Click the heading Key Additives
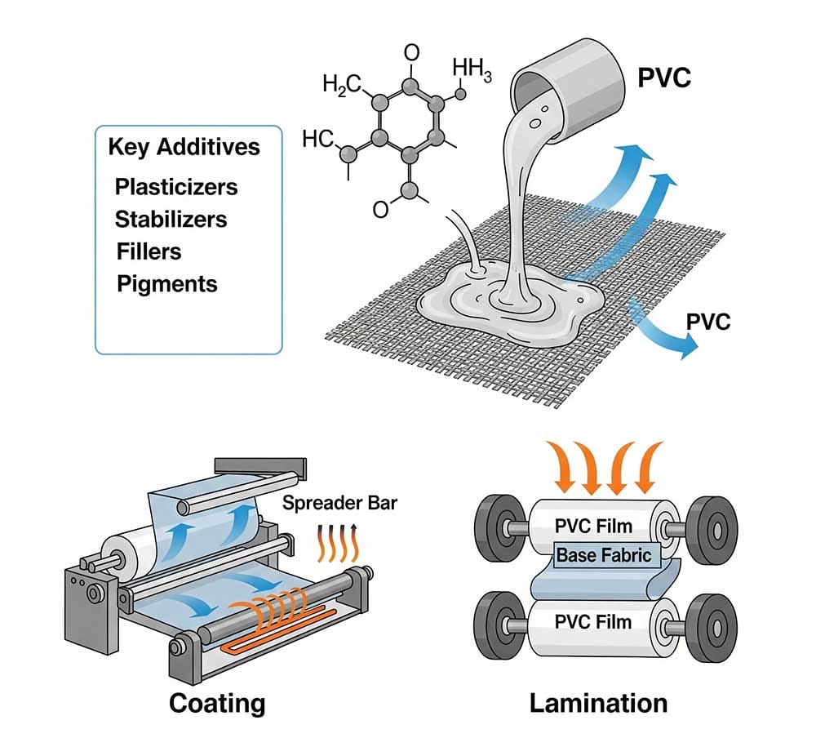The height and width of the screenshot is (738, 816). click(x=184, y=147)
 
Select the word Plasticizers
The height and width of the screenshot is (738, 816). click(x=176, y=187)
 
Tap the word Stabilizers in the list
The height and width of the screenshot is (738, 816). click(x=171, y=219)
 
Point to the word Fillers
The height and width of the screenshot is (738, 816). click(x=149, y=251)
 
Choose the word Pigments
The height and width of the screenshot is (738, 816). click(x=167, y=283)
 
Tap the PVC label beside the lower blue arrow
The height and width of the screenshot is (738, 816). click(x=707, y=320)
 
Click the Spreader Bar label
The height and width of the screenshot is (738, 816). click(x=339, y=502)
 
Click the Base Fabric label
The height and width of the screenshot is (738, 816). click(x=604, y=555)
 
